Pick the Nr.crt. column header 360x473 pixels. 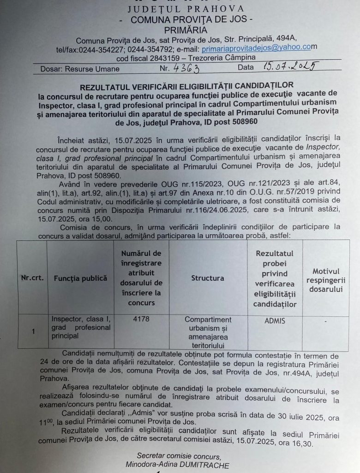click(x=32, y=278)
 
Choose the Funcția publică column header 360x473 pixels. click(x=80, y=278)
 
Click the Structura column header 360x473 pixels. click(x=208, y=278)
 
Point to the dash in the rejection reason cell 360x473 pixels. click(x=326, y=320)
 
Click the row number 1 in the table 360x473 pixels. click(x=33, y=331)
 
